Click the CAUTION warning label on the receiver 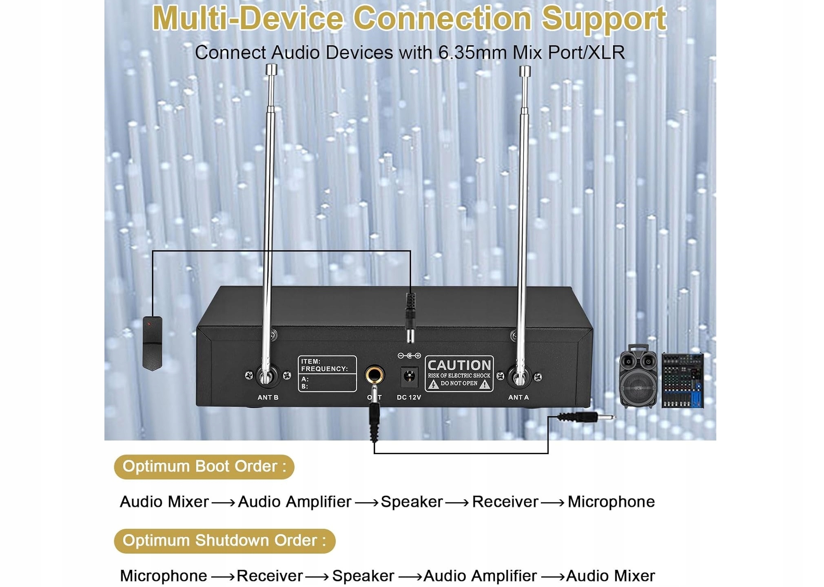[x=459, y=373]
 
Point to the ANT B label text [x=268, y=397]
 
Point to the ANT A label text [x=518, y=397]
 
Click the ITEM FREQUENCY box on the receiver [x=327, y=373]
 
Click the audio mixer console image [x=682, y=380]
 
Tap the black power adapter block [x=152, y=343]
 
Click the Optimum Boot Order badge [x=204, y=467]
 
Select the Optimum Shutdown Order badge [x=224, y=541]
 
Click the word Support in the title [x=604, y=19]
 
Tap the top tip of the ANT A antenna [x=525, y=71]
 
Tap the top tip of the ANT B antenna [x=271, y=69]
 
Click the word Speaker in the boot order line [x=412, y=502]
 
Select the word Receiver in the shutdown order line [x=270, y=576]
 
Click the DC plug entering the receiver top [x=410, y=316]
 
